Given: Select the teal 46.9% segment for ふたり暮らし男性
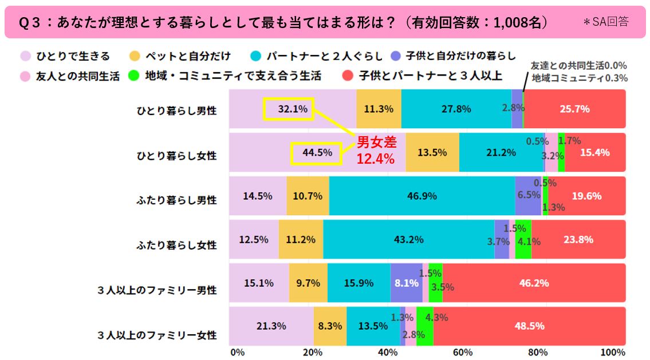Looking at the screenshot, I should click(x=422, y=196).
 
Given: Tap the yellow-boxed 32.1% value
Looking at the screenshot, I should click(x=288, y=108).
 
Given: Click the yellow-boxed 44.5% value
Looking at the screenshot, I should click(x=316, y=152).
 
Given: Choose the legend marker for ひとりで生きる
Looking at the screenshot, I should click(x=25, y=56).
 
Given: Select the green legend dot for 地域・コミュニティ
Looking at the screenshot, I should click(x=133, y=76).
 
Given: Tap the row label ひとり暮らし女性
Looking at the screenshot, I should click(x=176, y=155).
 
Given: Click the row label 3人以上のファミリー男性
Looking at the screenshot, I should click(x=157, y=290).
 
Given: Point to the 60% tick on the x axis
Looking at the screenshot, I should click(x=462, y=351).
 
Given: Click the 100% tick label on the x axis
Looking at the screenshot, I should click(x=613, y=351).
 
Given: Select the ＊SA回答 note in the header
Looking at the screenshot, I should click(x=605, y=22).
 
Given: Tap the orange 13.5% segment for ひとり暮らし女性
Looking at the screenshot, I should click(x=432, y=152).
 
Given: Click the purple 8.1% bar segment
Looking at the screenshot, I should click(x=407, y=283).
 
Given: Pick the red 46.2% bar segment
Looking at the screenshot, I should click(x=533, y=283).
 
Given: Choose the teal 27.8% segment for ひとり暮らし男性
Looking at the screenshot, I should click(x=456, y=108).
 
